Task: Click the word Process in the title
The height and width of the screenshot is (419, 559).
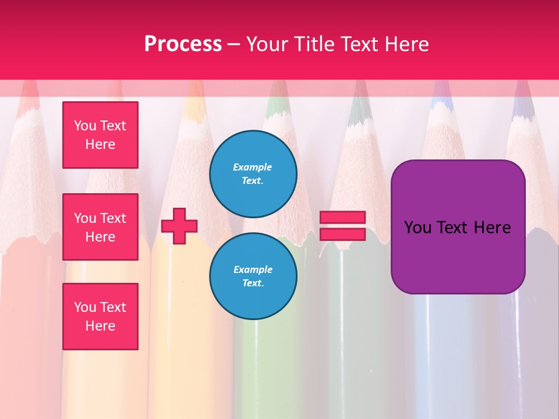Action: pyautogui.click(x=183, y=44)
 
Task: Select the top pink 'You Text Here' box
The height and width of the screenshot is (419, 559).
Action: pyautogui.click(x=100, y=135)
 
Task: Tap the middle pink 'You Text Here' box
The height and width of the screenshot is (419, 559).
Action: pyautogui.click(x=100, y=227)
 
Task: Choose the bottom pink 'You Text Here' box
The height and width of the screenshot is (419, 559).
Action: pyautogui.click(x=100, y=317)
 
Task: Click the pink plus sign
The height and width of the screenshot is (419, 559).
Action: pyautogui.click(x=179, y=226)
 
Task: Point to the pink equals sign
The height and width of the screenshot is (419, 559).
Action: pyautogui.click(x=342, y=226)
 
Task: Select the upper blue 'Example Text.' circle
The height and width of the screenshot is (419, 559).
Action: pyautogui.click(x=253, y=173)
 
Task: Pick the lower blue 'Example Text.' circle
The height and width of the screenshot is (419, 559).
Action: pyautogui.click(x=253, y=276)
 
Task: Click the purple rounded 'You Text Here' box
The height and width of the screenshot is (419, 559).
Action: pyautogui.click(x=458, y=227)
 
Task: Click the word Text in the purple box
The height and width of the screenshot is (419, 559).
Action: pyautogui.click(x=452, y=227)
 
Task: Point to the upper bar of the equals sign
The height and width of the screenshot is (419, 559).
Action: pyautogui.click(x=342, y=218)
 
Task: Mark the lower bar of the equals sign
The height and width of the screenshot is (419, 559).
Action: pyautogui.click(x=342, y=235)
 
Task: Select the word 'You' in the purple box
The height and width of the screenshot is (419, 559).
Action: pyautogui.click(x=418, y=227)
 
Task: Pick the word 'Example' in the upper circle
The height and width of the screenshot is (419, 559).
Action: pyautogui.click(x=253, y=167)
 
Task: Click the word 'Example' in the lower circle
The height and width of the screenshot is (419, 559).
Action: pyautogui.click(x=253, y=269)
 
